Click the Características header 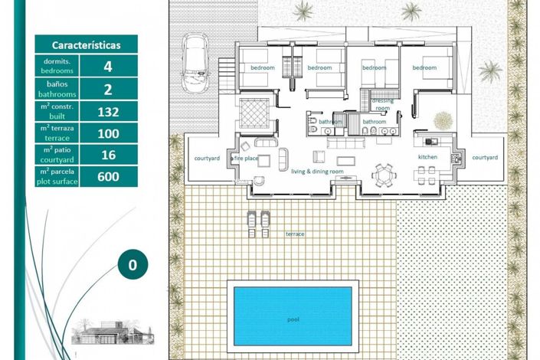86,44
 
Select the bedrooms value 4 107,66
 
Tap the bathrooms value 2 107,89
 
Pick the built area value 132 107,111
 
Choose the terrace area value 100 107,133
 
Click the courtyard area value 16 107,155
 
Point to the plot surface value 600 107,177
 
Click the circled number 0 133,265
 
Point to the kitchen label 427,157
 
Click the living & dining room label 318,171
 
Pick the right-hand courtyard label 485,157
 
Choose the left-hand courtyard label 207,158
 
